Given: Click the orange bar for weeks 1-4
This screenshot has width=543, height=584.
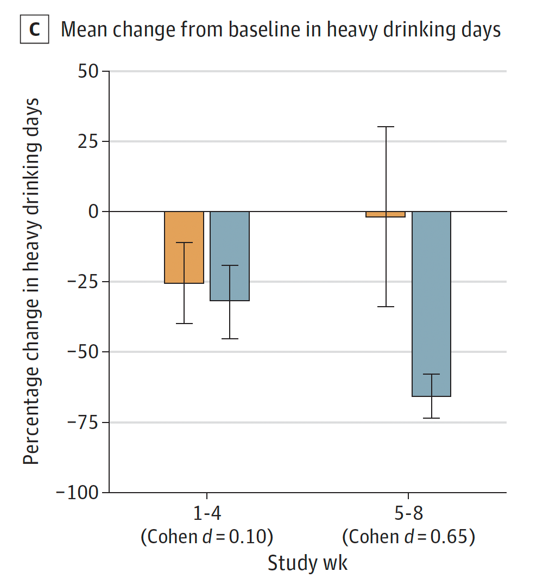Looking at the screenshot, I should (184, 247).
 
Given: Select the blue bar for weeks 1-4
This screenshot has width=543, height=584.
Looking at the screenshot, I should (230, 256).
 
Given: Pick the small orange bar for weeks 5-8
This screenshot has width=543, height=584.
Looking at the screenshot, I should (386, 214).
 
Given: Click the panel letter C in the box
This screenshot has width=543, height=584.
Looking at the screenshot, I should (34, 29).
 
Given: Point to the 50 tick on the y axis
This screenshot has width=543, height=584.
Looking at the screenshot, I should (85, 71).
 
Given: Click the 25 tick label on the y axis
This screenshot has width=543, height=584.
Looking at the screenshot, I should (85, 141).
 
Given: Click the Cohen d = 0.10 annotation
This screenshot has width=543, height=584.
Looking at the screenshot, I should (206, 537).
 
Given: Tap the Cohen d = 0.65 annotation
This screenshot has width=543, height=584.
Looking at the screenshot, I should (408, 537).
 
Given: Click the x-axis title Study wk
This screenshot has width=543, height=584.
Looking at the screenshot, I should (307, 563).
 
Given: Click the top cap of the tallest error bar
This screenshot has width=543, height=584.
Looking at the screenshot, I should (386, 127).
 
